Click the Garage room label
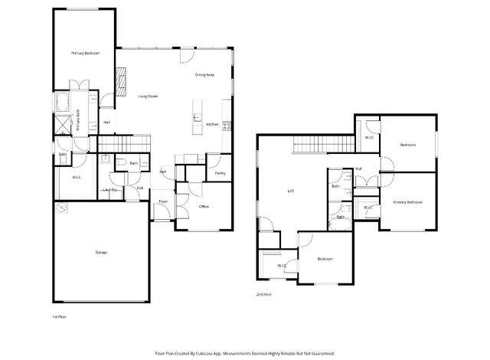pos(100,252)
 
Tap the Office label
pos(204,207)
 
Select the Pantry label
pos(220,174)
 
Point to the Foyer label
pos(163,201)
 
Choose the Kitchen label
pos(212,124)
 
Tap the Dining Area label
pos(204,75)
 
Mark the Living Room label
pos(147,97)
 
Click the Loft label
pos(290,191)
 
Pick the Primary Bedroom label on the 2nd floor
pos(407,202)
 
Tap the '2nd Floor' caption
pos(263,294)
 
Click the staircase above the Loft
pos(318,143)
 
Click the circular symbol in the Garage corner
pos(61,207)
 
